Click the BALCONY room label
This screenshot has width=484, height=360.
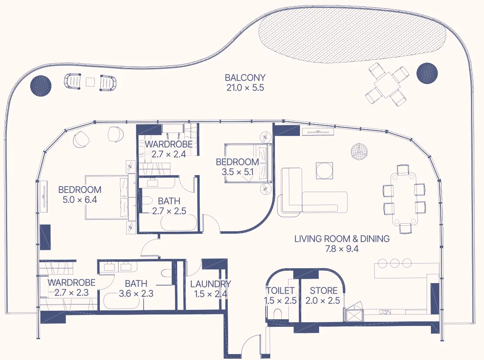[245, 78]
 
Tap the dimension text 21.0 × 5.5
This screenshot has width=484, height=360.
[245, 88]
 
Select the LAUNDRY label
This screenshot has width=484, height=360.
[210, 284]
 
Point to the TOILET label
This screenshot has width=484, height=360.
[280, 291]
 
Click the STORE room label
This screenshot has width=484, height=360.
[323, 291]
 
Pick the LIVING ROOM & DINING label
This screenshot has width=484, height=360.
[342, 239]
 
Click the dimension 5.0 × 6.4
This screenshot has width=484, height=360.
[79, 199]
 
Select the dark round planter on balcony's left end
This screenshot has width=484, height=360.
[41, 86]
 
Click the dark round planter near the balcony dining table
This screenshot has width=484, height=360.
[427, 73]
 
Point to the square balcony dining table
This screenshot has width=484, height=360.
[387, 85]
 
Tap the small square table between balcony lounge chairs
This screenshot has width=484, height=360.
[91, 82]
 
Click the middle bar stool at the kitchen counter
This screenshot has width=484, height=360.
[395, 263]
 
